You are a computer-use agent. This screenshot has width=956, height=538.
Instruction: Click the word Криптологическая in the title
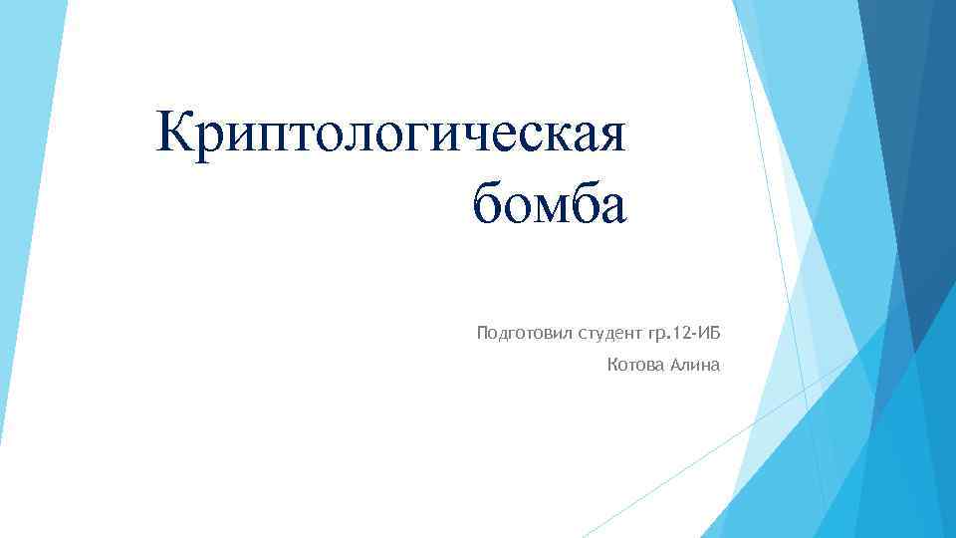point(390,135)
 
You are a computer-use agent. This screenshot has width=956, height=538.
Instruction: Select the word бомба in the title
point(550,207)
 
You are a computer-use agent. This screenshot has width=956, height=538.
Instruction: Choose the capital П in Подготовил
point(483,331)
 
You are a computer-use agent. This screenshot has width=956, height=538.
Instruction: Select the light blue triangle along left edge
point(25,199)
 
